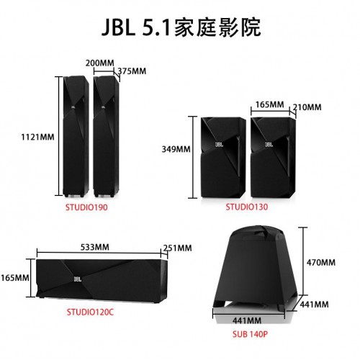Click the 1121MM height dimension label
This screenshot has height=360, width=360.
pyautogui.click(x=37, y=137)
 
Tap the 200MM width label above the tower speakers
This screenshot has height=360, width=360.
pyautogui.click(x=100, y=63)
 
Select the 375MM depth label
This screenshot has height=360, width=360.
pyautogui.click(x=132, y=71)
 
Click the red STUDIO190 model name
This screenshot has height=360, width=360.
pyautogui.click(x=86, y=207)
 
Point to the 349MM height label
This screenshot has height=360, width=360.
pyautogui.click(x=176, y=149)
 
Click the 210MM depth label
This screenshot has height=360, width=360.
pyautogui.click(x=307, y=107)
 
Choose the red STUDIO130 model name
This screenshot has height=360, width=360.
pyautogui.click(x=247, y=207)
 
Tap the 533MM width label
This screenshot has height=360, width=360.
pyautogui.click(x=95, y=247)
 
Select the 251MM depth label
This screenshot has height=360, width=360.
pyautogui.click(x=178, y=248)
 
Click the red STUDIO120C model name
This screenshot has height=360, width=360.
pyautogui.click(x=90, y=312)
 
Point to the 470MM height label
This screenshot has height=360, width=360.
pyautogui.click(x=321, y=262)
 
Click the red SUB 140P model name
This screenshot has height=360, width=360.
pyautogui.click(x=250, y=334)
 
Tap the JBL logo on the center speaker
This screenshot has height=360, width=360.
pyautogui.click(x=78, y=279)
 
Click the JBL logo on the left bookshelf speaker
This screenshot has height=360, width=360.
pyautogui.click(x=219, y=144)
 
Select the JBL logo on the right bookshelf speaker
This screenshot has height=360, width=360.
pyautogui.click(x=269, y=144)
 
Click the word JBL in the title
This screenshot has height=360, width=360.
pyautogui.click(x=118, y=27)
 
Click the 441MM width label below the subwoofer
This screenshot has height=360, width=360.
pyautogui.click(x=247, y=320)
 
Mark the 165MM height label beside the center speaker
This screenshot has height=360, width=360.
pyautogui.click(x=15, y=278)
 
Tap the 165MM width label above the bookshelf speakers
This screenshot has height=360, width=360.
pyautogui.click(x=269, y=104)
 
